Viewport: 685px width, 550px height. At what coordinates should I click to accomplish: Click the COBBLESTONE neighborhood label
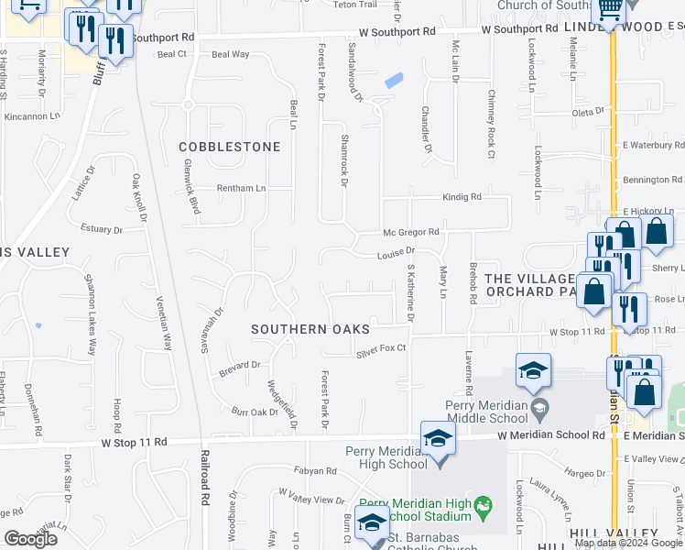click(229, 147)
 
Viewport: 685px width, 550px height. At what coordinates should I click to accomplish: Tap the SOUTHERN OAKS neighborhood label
click(311, 329)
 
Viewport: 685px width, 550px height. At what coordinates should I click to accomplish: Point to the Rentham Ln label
click(240, 188)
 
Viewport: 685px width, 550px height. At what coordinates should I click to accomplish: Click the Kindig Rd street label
click(462, 196)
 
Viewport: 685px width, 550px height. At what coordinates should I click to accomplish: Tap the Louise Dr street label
click(396, 250)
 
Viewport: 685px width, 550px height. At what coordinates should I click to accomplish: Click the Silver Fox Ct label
click(380, 349)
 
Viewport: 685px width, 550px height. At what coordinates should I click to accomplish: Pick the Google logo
click(30, 539)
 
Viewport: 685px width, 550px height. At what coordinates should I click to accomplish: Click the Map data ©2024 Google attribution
click(628, 543)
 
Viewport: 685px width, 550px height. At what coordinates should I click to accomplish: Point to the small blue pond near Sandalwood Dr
click(394, 81)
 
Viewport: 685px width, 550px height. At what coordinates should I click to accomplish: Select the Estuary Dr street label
click(102, 229)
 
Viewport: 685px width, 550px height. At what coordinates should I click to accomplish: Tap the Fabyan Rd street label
click(316, 471)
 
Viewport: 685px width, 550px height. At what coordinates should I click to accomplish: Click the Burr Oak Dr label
click(254, 412)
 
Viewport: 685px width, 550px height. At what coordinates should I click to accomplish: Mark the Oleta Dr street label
click(587, 112)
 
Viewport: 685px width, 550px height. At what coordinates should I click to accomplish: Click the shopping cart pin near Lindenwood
click(610, 12)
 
